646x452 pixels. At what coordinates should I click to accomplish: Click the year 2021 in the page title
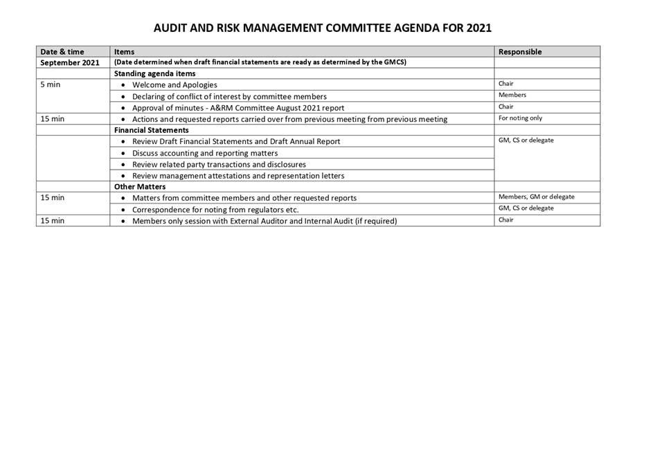[x=478, y=28]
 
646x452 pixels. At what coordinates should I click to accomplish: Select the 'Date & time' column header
[x=62, y=52]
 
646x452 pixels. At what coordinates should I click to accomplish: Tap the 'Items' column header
[x=125, y=52]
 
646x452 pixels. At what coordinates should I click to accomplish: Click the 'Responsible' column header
[x=520, y=52]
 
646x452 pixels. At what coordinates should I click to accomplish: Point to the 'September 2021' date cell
[x=70, y=63]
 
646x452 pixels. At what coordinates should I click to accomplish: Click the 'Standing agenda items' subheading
[x=154, y=73]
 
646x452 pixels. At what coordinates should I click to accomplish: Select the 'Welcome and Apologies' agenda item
[x=174, y=85]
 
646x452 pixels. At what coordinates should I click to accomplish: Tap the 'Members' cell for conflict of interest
[x=512, y=95]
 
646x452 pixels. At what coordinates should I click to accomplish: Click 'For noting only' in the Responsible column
[x=520, y=118]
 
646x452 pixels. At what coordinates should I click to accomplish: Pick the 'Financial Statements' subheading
[x=151, y=130]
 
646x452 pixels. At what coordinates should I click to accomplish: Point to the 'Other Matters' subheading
[x=140, y=187]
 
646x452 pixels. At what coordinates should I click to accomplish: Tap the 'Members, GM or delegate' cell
[x=536, y=197]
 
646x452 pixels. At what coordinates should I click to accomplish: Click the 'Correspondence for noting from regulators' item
[x=215, y=210]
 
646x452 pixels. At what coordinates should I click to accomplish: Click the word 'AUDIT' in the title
[x=170, y=28]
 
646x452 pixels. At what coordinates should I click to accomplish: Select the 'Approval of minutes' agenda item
[x=238, y=108]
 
